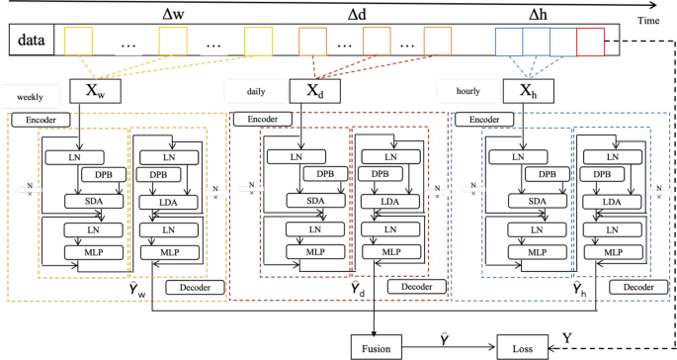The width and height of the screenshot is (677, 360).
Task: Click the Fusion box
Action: (378, 347)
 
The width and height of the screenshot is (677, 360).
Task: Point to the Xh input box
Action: (529, 93)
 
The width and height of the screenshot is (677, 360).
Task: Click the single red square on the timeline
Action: (588, 41)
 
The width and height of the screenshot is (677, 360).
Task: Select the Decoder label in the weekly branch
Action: (197, 288)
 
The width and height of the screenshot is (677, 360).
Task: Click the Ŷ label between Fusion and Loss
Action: (450, 338)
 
